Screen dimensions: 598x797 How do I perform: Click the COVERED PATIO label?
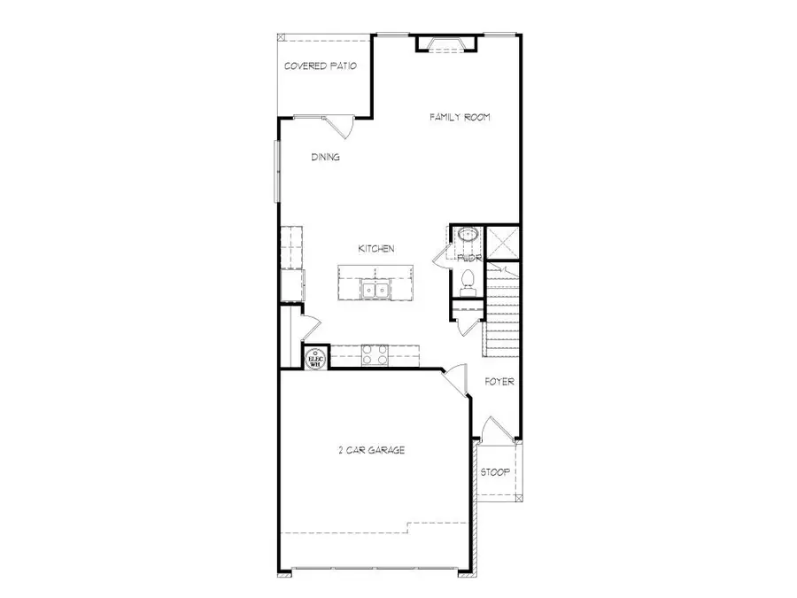[321, 66]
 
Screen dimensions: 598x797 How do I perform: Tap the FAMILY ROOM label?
[460, 117]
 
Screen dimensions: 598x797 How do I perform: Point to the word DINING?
[325, 158]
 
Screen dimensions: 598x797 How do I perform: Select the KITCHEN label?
[375, 249]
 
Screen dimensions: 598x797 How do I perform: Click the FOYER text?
[499, 382]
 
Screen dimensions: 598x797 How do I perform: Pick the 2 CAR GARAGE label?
[371, 451]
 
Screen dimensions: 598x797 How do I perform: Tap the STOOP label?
[495, 472]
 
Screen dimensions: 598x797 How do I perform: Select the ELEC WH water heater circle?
[315, 358]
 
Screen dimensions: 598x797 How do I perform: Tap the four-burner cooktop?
[374, 355]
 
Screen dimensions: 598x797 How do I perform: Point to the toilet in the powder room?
[468, 280]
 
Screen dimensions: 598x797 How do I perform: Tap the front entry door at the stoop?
[497, 430]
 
